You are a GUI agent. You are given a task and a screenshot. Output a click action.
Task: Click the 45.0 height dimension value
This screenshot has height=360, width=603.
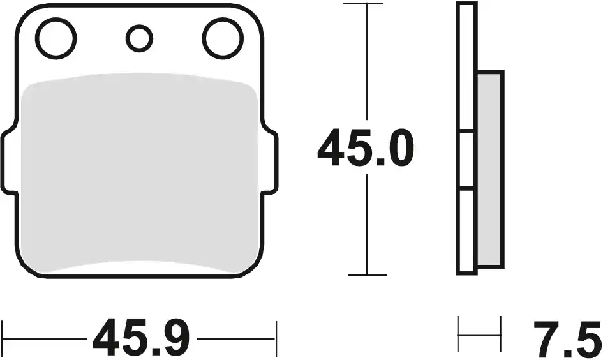click(366, 149)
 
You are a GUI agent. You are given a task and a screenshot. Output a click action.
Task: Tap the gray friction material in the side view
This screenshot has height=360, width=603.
click(489, 169)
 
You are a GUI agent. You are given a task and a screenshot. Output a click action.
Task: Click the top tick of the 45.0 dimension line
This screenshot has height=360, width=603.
click(363, 3)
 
